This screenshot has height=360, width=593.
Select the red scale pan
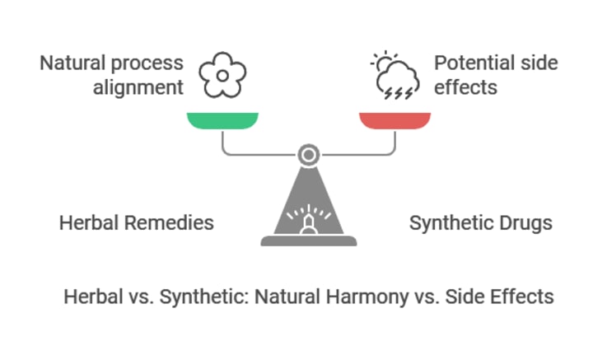click(x=395, y=120)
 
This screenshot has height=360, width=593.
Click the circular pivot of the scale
click(x=308, y=154)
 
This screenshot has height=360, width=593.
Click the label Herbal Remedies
click(x=137, y=222)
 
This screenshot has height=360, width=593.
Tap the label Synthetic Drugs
click(x=481, y=222)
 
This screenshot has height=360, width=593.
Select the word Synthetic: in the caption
click(x=194, y=296)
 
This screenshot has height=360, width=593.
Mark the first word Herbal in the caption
click(x=91, y=296)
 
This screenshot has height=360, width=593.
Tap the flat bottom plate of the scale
click(x=308, y=241)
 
